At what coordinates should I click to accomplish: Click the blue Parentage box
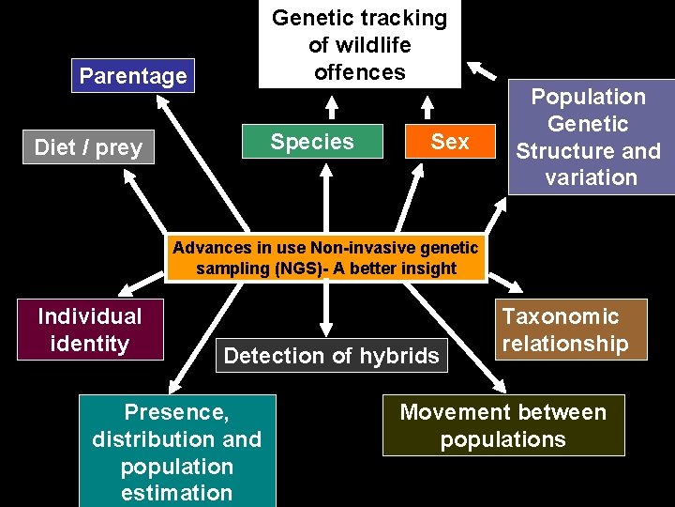tap(133, 76)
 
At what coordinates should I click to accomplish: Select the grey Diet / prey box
tap(88, 147)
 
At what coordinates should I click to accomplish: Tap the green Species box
tap(312, 142)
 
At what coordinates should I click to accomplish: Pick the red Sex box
tap(449, 142)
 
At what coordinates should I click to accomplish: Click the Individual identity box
tap(89, 330)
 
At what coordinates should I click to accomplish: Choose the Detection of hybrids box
tap(331, 356)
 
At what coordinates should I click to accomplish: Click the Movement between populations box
tap(503, 425)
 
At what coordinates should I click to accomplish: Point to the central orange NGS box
tap(325, 258)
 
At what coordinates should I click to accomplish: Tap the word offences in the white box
tap(359, 72)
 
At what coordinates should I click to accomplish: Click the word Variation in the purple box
tap(590, 177)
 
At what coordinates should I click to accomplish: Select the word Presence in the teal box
tap(176, 412)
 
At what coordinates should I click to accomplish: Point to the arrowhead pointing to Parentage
tap(162, 99)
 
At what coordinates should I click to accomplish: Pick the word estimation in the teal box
tap(176, 493)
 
